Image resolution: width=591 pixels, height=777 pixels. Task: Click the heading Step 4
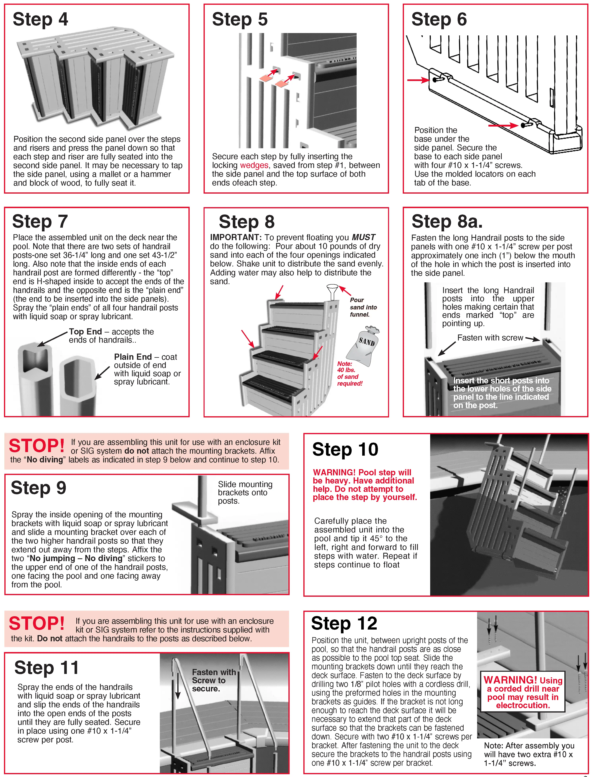pos(41,19)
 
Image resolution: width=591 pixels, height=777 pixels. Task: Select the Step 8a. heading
pos(447,222)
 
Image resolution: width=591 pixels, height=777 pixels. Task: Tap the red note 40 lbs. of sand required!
pos(349,373)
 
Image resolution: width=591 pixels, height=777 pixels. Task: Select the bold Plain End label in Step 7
pos(133,357)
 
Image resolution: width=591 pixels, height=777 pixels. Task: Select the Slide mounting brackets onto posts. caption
pos(245,492)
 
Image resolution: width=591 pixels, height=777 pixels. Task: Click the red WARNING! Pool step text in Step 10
pos(364,485)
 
